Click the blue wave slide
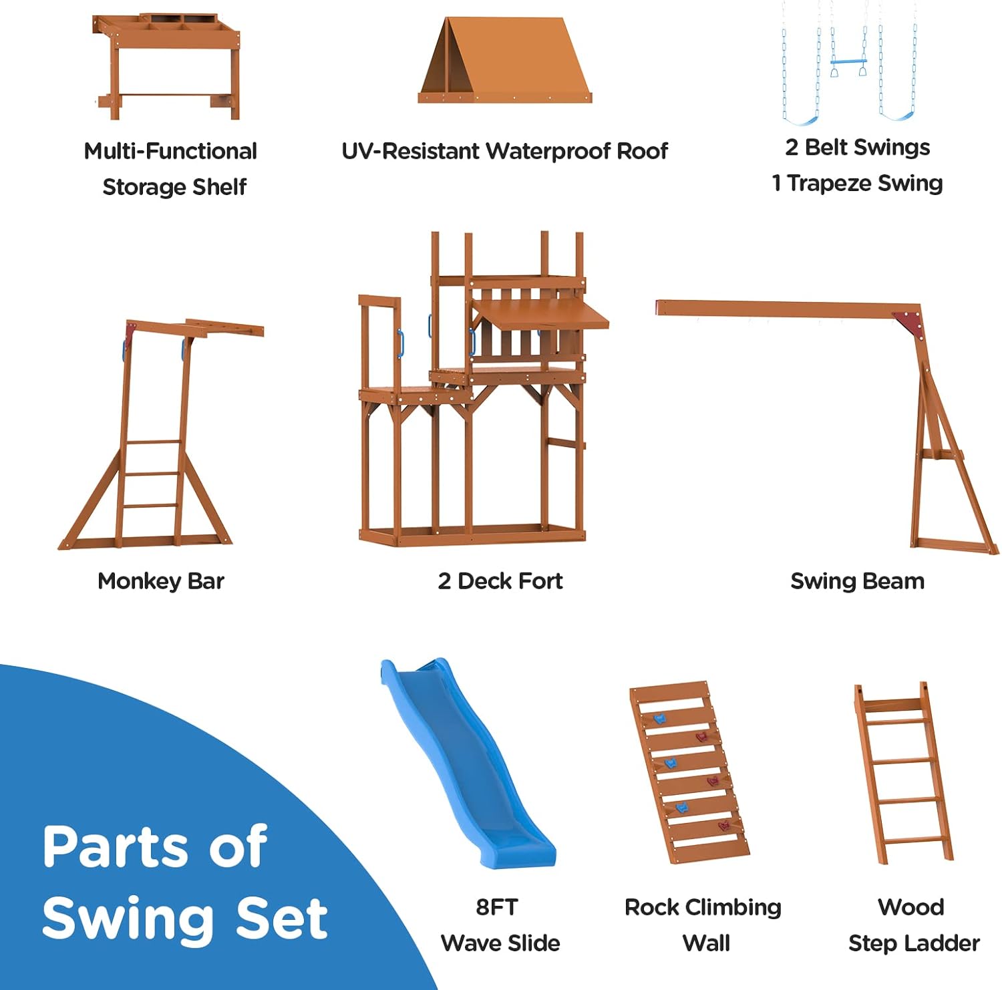pyautogui.click(x=468, y=762)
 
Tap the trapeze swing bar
pyautogui.click(x=849, y=62)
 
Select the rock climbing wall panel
pyautogui.click(x=689, y=773)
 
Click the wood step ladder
pyautogui.click(x=903, y=773)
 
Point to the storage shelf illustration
pyautogui.click(x=167, y=67)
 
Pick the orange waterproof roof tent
pyautogui.click(x=505, y=60)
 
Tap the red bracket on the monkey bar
pyautogui.click(x=130, y=330)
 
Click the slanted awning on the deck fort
pyautogui.click(x=541, y=313)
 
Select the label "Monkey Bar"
pyautogui.click(x=161, y=581)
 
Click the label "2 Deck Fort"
pyautogui.click(x=500, y=581)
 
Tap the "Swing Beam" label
pyautogui.click(x=858, y=581)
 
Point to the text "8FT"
pyautogui.click(x=497, y=907)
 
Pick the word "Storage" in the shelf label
pyautogui.click(x=142, y=188)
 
